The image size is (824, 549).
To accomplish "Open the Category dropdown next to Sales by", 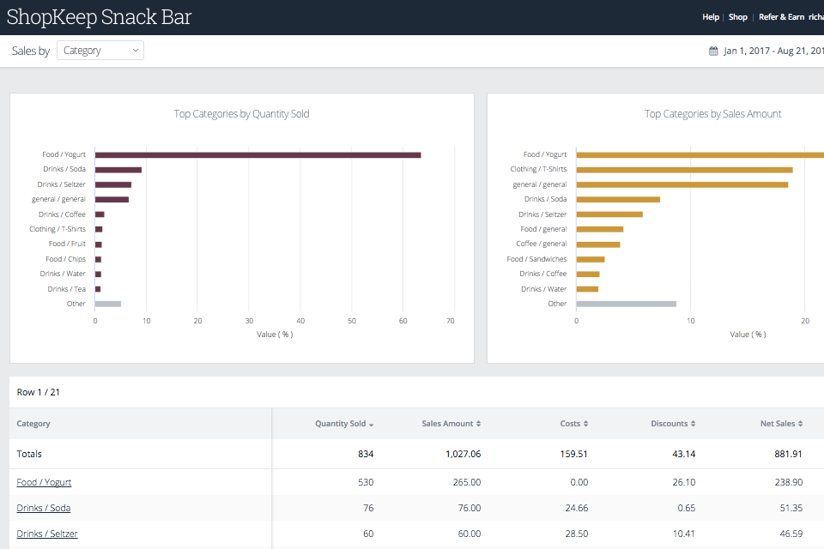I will pos(100,51).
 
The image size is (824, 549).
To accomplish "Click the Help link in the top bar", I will pos(710,17).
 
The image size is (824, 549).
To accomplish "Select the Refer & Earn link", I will pos(781,17).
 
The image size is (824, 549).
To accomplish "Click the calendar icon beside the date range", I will pos(713,51).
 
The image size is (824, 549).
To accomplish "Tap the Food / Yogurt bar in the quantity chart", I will pos(257,154).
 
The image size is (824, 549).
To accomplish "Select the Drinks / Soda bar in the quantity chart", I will pos(118,170).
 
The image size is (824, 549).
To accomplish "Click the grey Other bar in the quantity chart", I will pos(108,304).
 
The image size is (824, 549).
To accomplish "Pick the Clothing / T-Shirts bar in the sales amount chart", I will pos(684,170).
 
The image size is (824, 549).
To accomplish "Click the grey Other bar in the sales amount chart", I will pos(626,304).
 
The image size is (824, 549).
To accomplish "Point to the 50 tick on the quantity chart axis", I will pos(352,321).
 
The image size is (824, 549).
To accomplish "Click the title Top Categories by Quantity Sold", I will pos(241,114).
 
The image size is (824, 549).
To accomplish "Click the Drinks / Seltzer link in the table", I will pos(47,534).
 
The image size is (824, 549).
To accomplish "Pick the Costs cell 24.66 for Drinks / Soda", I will pos(573,508).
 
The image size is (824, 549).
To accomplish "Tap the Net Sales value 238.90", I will pos(786,482).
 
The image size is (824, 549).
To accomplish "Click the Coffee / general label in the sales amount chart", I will pos(541,244).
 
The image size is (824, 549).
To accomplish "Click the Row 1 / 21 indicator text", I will pos(39,392).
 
